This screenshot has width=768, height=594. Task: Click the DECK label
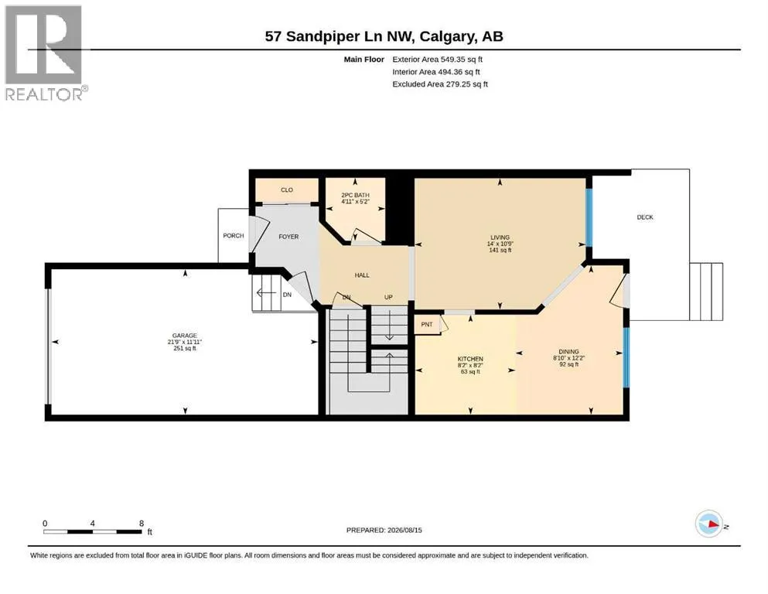coord(644,217)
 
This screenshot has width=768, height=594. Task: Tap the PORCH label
coord(233,236)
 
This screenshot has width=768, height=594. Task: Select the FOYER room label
coord(288,237)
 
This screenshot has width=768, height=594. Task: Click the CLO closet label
coord(287,189)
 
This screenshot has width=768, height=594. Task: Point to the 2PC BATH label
coord(355,195)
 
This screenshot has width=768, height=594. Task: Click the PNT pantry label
coord(427,324)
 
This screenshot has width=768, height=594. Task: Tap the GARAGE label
coord(185,336)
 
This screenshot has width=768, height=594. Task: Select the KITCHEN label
coord(470,359)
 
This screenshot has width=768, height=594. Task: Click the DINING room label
coord(568,352)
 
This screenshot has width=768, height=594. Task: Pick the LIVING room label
coord(500,237)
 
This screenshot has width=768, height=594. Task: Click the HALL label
coord(362,275)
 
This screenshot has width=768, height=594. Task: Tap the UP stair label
coord(388,297)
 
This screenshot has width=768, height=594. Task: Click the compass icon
coord(709,524)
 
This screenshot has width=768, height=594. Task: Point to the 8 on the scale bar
coord(142,523)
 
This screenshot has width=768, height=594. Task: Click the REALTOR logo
coord(46,53)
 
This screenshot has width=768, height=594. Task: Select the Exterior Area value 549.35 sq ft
coord(462,60)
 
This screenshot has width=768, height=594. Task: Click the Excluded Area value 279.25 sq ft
coord(467,84)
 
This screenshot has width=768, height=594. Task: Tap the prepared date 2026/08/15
coord(404,530)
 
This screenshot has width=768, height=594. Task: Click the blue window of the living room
coord(589,218)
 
